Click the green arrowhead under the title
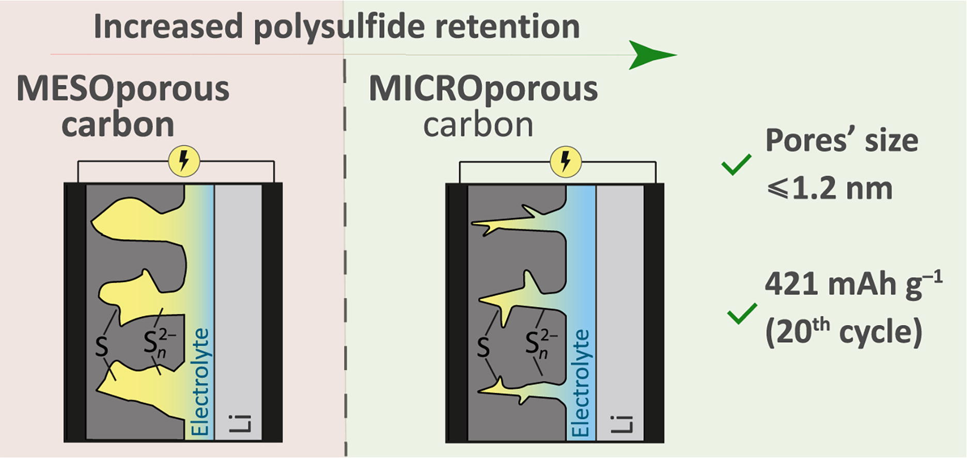[650, 55]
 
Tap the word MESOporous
[123, 89]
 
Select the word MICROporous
[483, 89]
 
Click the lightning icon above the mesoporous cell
[184, 161]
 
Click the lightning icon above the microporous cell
[566, 161]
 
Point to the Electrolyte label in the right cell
[581, 383]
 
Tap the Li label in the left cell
[240, 423]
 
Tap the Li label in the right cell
[621, 423]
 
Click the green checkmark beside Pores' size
[736, 165]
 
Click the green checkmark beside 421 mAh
[742, 313]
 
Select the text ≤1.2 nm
[830, 189]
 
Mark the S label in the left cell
[102, 346]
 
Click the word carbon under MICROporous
[478, 125]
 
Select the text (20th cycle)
[843, 332]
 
